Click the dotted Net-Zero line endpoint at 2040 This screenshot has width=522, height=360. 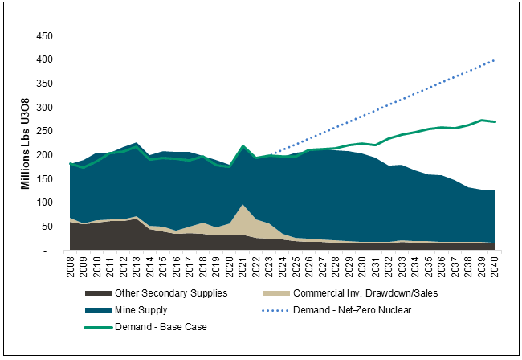492,60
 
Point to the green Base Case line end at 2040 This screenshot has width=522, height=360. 492,122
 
